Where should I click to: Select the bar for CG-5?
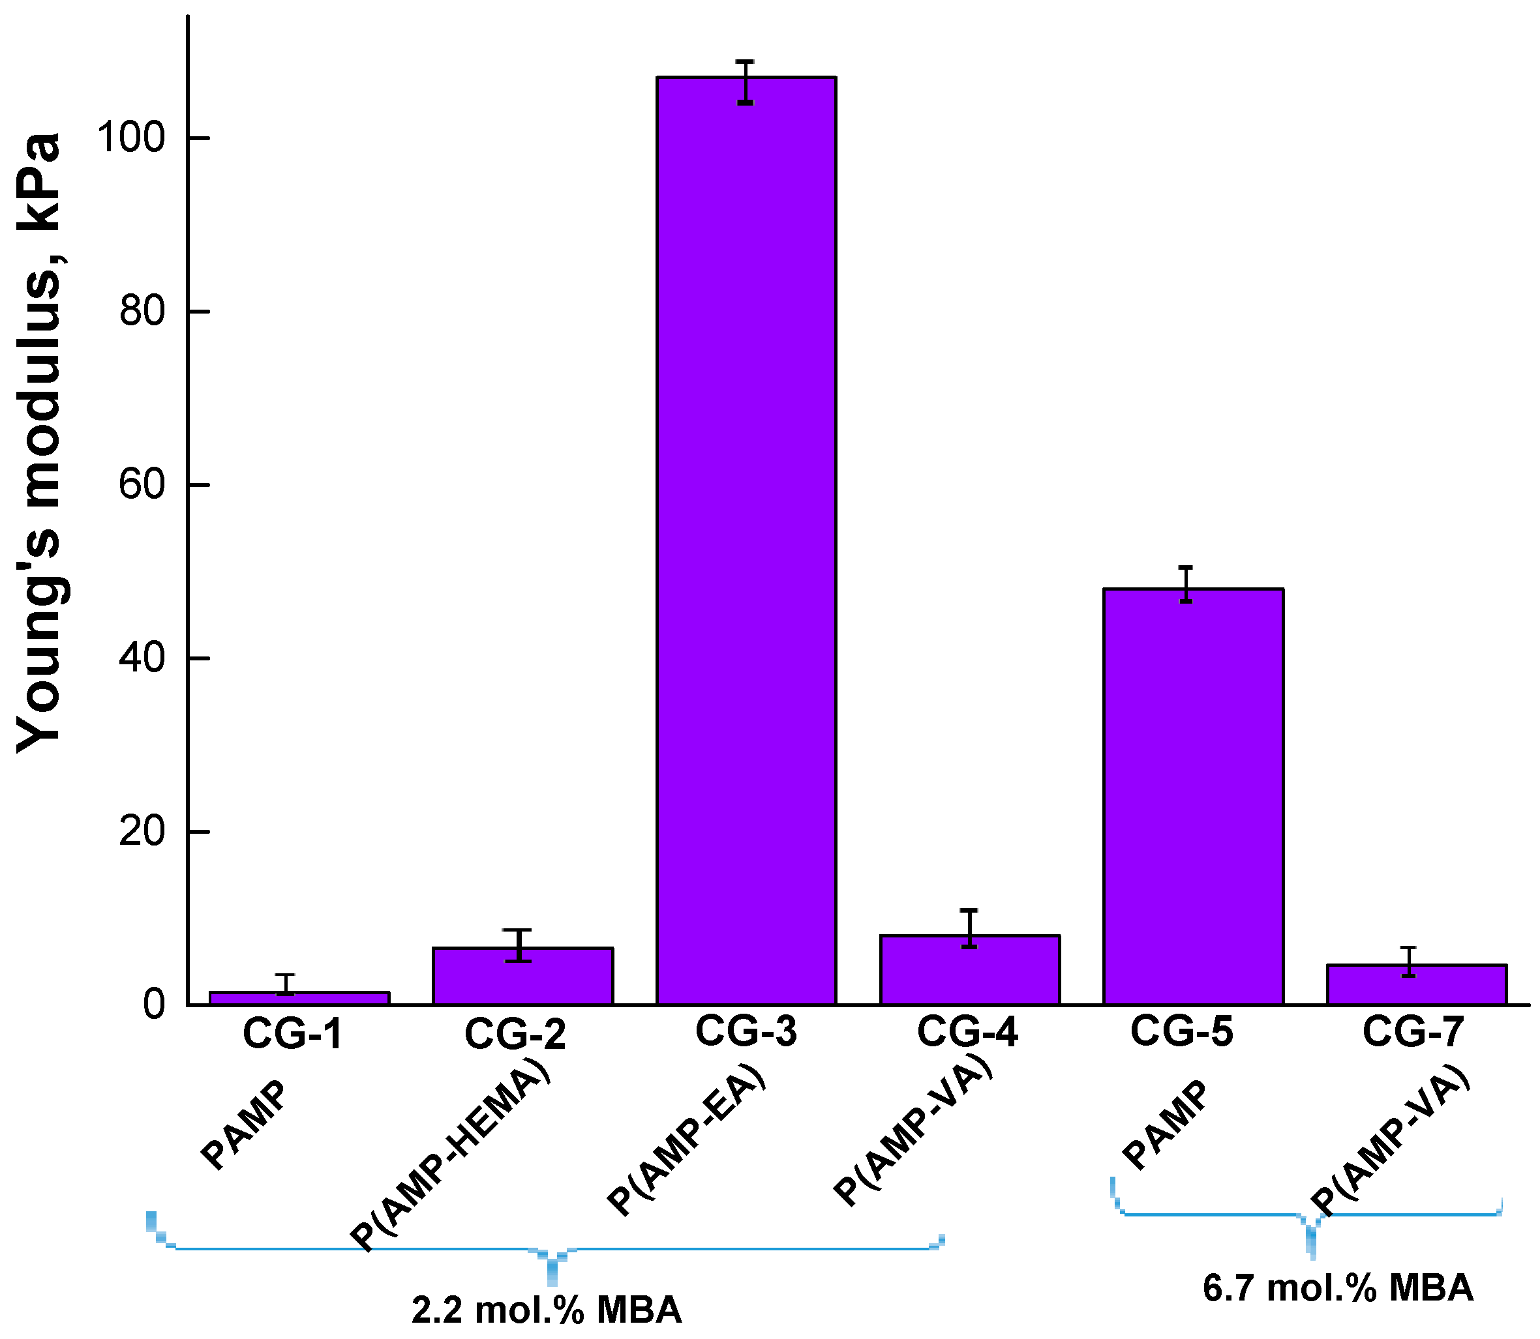(x=1193, y=796)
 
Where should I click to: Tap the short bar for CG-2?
(x=522, y=976)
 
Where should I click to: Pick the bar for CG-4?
(x=970, y=970)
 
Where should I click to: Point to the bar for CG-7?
(x=1416, y=984)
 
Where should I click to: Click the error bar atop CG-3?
(x=746, y=82)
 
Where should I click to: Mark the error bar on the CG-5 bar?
(x=1186, y=584)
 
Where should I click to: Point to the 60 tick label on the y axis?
(x=142, y=484)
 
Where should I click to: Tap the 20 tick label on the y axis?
(x=142, y=831)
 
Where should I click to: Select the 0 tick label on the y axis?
(x=154, y=1004)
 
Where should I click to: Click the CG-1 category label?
(x=292, y=1034)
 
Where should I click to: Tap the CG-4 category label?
(x=967, y=1032)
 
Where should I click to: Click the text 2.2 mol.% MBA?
(x=547, y=1310)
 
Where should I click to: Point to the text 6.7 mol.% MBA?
(x=1337, y=1288)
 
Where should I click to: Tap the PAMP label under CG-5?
(x=1165, y=1125)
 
